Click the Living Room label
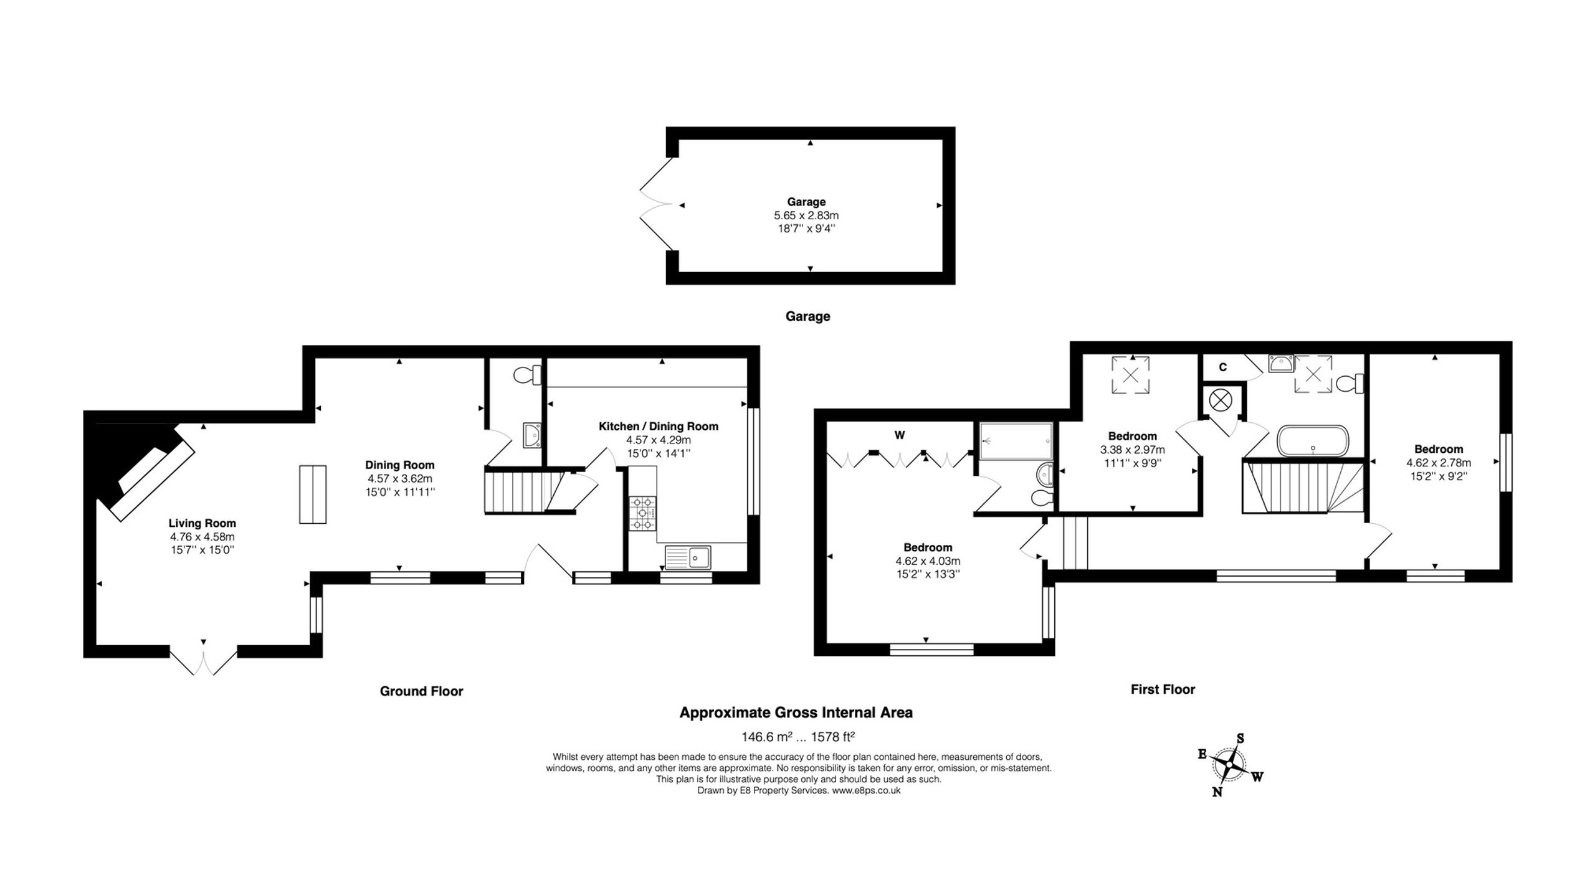202,523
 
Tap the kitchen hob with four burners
642,513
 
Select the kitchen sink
687,557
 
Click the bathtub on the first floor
1313,441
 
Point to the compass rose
1229,765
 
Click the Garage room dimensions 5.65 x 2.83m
806,215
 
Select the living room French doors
203,663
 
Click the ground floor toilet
527,375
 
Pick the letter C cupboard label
1222,367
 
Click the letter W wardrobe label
900,435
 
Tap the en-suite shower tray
1016,441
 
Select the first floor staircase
1303,486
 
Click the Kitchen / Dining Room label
659,427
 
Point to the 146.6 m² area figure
766,737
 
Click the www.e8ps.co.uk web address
867,791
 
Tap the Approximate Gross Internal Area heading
796,713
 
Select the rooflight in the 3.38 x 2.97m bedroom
1130,375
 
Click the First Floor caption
1163,689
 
